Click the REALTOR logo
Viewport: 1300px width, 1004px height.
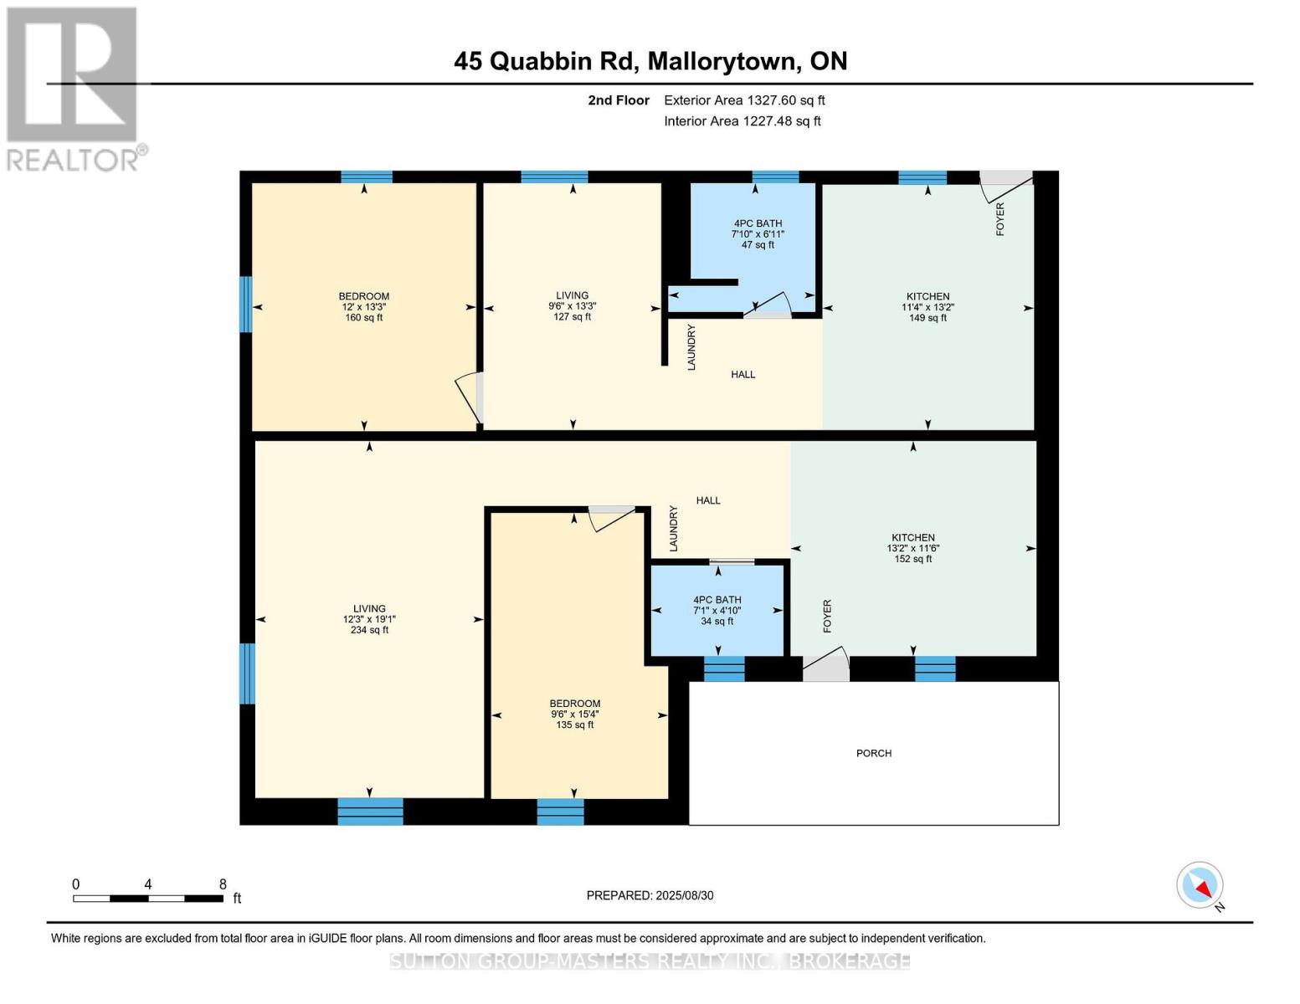tap(74, 89)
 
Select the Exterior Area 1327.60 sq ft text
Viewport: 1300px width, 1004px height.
tap(744, 100)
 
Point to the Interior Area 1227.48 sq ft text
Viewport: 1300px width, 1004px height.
tap(742, 121)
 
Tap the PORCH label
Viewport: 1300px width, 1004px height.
tap(873, 753)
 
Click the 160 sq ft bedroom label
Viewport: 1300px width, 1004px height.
tap(363, 307)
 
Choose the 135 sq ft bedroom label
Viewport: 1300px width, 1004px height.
tap(574, 715)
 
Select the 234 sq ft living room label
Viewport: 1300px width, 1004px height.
tap(369, 619)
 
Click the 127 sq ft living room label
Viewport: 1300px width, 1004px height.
tap(572, 306)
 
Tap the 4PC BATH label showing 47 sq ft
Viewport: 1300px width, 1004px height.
tap(758, 234)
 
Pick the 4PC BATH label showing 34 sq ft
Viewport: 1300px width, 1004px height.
tap(717, 611)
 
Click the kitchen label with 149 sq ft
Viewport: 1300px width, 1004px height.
tap(927, 307)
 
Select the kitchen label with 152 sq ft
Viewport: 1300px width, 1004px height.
tap(912, 548)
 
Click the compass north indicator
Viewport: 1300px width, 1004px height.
tap(1200, 885)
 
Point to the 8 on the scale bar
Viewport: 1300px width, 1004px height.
tap(223, 884)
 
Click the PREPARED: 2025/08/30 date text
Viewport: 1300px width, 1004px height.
tap(650, 895)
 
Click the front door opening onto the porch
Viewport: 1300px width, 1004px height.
tap(825, 668)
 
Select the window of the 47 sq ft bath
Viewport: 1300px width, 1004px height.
tap(775, 177)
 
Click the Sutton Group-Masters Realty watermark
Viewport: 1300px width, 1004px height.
tap(650, 961)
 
